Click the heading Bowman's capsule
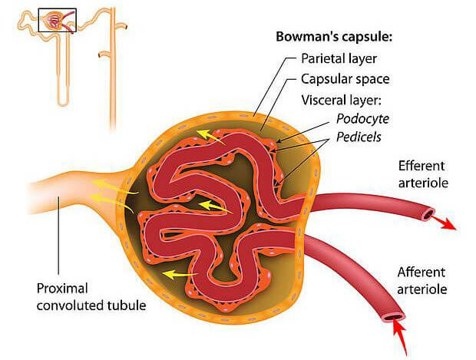(x=334, y=37)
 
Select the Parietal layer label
(x=339, y=58)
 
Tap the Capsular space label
(x=345, y=79)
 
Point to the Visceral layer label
(x=341, y=100)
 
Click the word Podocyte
(x=362, y=119)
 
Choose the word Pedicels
(x=359, y=137)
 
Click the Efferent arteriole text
(x=423, y=174)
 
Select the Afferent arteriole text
(x=422, y=281)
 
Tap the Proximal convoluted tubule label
(x=91, y=297)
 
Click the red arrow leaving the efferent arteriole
(x=444, y=223)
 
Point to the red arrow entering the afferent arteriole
(x=401, y=338)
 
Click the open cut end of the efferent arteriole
(x=428, y=215)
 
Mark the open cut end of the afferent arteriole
(x=395, y=317)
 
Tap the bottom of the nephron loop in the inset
(x=63, y=104)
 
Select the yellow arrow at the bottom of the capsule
(x=180, y=275)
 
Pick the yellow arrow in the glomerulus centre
(x=215, y=206)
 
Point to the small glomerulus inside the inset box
(x=54, y=21)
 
